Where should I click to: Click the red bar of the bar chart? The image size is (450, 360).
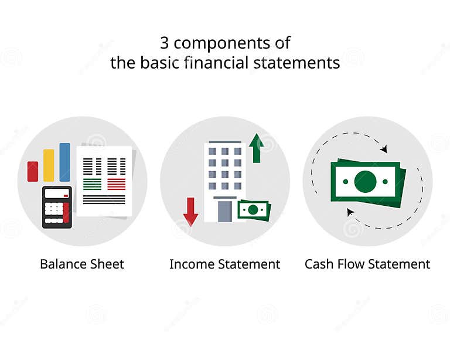coord(33,171)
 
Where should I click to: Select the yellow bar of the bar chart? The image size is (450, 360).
coord(49,165)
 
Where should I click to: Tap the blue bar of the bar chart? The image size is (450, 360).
coord(64,162)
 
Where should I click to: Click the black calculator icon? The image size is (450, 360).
coord(57,207)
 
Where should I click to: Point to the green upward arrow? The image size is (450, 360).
coord(256,148)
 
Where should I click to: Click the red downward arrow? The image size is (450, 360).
coord(190,212)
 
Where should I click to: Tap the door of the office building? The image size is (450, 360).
coord(225,211)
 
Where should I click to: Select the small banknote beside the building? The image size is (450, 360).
coord(253,210)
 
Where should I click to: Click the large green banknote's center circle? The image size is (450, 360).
coord(365,182)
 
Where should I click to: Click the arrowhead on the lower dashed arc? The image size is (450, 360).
coord(350,212)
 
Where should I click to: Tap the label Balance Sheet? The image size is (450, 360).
coord(82,264)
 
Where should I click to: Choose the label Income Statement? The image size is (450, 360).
coord(225,264)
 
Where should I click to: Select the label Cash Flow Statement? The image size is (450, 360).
coord(367,264)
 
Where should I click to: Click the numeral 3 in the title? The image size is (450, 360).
coord(165,43)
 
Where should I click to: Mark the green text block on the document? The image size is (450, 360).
coord(92,184)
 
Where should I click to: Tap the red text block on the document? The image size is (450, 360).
coord(116,184)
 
